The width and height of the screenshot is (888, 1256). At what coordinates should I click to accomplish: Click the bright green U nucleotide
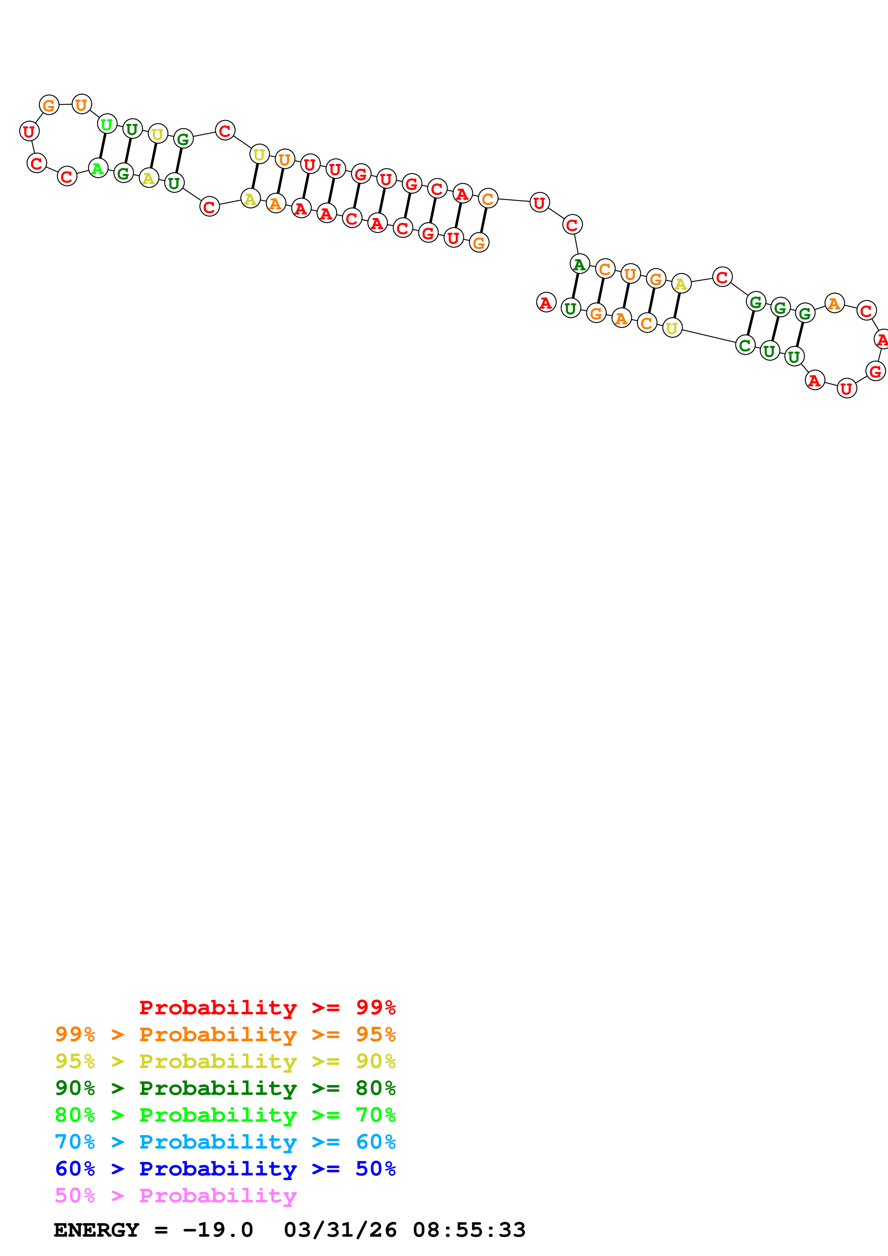[107, 124]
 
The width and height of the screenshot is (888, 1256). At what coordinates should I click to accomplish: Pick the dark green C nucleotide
[745, 345]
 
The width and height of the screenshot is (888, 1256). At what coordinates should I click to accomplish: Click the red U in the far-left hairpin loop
[29, 131]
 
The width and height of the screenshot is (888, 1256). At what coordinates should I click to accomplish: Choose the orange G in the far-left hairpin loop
[49, 105]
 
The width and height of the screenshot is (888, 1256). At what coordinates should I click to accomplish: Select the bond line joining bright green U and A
[102, 146]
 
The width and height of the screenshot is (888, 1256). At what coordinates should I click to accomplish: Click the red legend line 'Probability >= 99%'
[267, 1007]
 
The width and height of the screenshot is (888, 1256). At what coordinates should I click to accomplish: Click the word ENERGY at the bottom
[96, 1230]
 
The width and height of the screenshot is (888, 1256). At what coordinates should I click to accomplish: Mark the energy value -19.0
[218, 1230]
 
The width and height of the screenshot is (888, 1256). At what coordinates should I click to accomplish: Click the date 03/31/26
[340, 1230]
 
